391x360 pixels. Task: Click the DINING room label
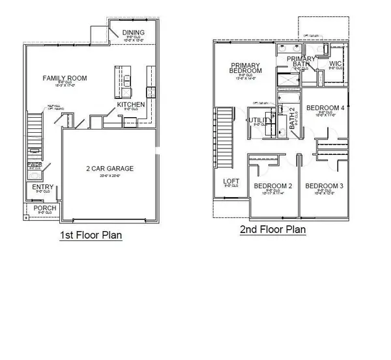[133, 32]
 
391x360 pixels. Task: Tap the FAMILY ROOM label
[65, 78]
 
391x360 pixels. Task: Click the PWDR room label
[34, 165]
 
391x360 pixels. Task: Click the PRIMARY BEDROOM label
[246, 68]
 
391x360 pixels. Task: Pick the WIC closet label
[336, 64]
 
